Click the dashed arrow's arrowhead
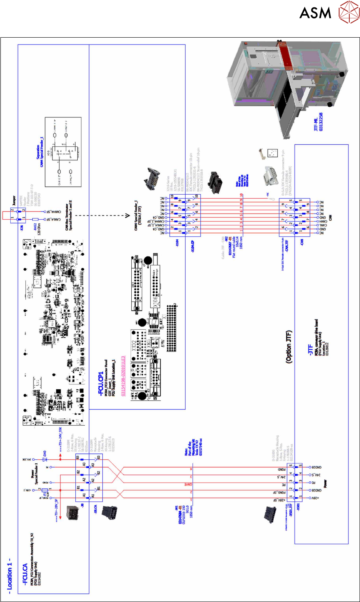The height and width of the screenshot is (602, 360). pos(127,216)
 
